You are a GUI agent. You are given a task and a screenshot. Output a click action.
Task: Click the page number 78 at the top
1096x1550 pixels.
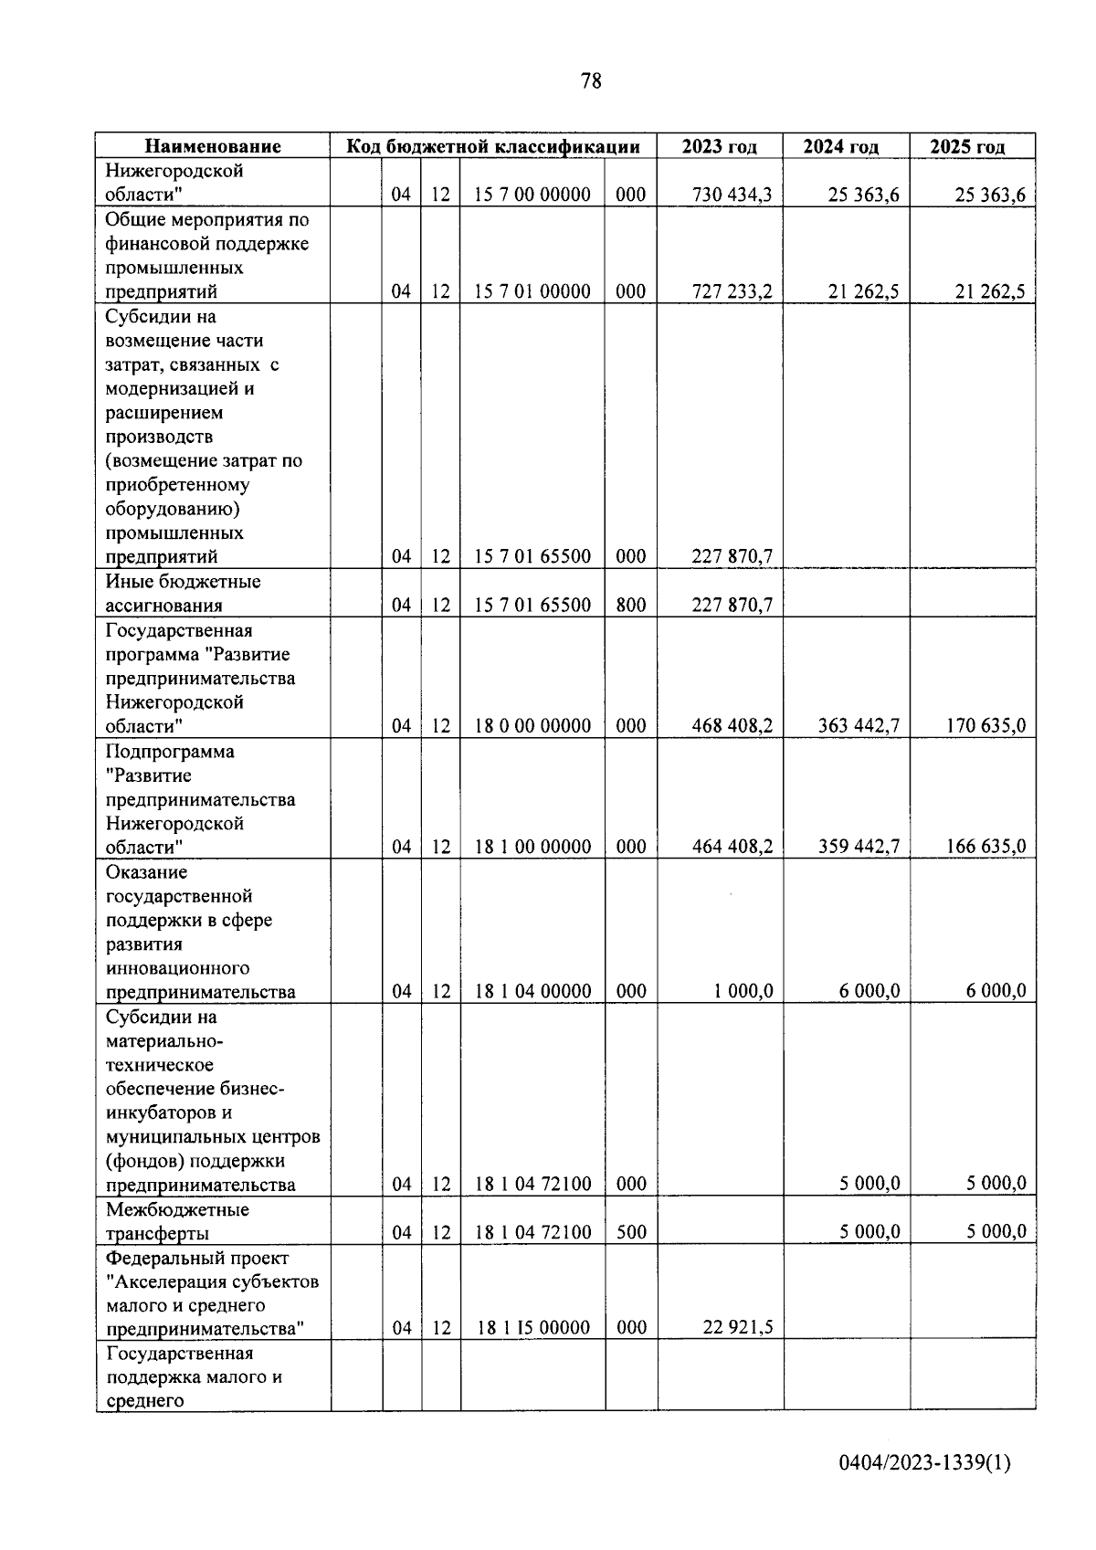coord(591,81)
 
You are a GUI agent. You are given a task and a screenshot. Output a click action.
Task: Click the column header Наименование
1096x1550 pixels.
coord(213,146)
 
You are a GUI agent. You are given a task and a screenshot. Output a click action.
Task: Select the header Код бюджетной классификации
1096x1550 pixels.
coord(492,146)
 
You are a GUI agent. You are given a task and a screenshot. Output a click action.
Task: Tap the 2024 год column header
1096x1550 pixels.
coord(840,146)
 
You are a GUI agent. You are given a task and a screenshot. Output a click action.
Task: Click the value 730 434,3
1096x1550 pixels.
coord(732,195)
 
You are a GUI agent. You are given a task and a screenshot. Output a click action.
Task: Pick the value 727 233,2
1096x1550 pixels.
coord(732,291)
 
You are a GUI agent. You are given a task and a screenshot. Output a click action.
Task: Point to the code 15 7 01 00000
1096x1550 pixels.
coord(532,291)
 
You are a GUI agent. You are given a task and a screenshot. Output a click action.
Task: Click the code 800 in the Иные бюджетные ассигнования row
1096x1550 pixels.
coord(630,605)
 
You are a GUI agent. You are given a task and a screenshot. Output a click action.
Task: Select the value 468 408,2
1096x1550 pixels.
coord(732,726)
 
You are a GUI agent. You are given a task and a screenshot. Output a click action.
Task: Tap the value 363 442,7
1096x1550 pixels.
coord(859,726)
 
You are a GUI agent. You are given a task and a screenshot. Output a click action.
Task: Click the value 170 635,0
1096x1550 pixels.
coord(985,726)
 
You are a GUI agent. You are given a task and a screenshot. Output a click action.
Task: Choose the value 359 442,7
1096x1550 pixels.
coord(859,847)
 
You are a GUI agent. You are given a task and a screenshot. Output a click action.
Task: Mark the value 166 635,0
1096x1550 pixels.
coord(985,847)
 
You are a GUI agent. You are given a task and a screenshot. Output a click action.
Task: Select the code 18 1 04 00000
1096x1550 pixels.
coord(532,991)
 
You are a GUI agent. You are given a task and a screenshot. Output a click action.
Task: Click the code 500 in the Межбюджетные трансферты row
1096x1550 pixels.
coord(630,1232)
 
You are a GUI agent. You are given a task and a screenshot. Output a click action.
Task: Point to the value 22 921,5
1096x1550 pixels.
coord(737,1328)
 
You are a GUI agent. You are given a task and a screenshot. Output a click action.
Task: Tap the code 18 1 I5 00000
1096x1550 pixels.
coord(532,1328)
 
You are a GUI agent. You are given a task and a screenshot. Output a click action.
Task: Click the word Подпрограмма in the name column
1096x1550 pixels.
coord(170,752)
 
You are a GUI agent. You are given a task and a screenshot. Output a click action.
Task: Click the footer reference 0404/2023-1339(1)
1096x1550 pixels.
coord(924,1489)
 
